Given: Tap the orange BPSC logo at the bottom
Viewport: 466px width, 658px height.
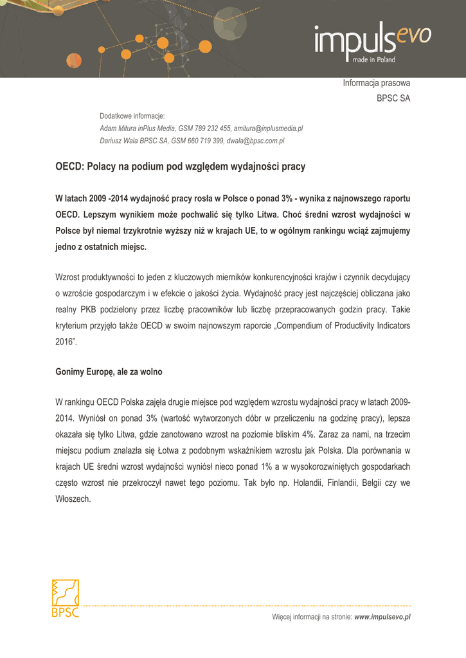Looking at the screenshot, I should point(65,598).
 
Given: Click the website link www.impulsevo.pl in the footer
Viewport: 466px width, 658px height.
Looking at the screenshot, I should point(382,617).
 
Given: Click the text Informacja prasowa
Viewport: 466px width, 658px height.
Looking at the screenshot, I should point(376,83).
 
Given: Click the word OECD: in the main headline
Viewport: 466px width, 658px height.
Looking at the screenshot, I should point(69,166).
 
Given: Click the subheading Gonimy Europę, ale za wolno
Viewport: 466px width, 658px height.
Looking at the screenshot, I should point(109,372).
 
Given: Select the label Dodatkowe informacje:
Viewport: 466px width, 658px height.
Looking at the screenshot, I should point(132,116).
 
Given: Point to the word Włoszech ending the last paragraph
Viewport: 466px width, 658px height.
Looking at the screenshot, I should point(73,498).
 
